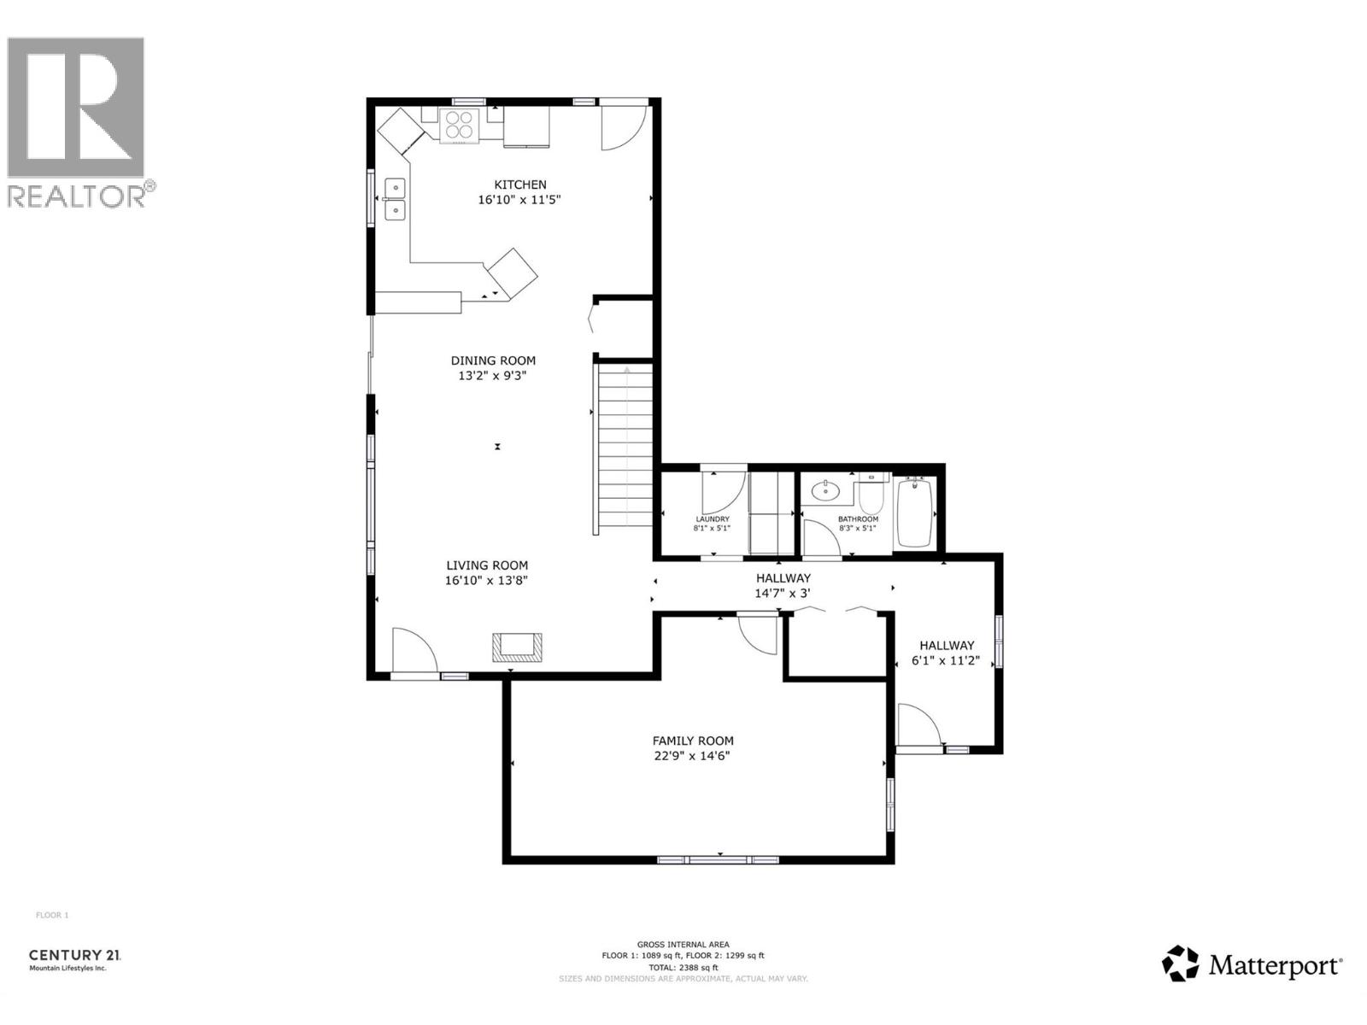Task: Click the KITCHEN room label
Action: [519, 184]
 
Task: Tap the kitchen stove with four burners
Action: [460, 126]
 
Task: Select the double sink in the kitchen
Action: [395, 198]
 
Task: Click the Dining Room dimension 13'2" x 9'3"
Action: [494, 375]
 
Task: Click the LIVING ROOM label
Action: [487, 565]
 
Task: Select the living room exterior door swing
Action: [414, 652]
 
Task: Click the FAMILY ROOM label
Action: [693, 741]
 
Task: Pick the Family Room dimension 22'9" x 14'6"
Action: [693, 756]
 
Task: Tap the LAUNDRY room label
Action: [712, 519]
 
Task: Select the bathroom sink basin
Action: [826, 490]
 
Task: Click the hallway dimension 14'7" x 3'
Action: [782, 593]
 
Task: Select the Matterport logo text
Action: [1274, 966]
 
